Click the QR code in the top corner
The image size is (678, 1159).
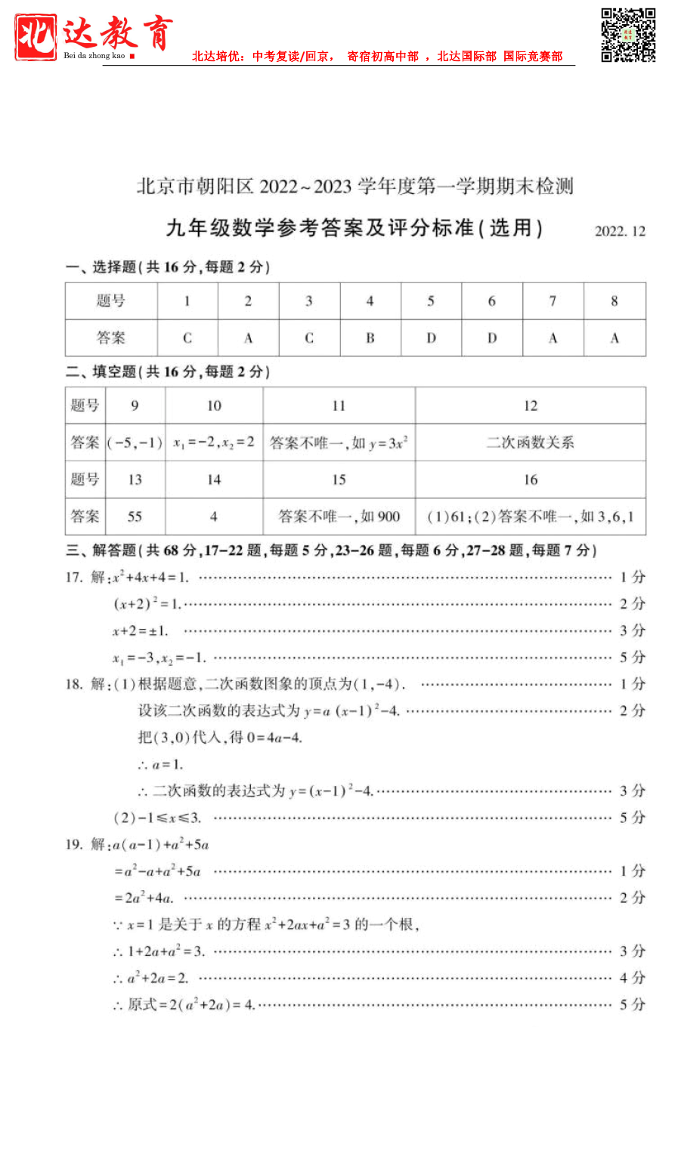(x=627, y=35)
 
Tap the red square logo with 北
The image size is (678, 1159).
(x=36, y=37)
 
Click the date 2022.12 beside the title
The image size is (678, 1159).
(x=620, y=232)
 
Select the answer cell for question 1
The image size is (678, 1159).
(x=187, y=338)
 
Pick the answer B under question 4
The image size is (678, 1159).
(x=370, y=338)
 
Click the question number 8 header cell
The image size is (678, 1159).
(x=614, y=301)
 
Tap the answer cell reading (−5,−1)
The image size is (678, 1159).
(x=135, y=442)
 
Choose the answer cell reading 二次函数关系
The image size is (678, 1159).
(x=530, y=442)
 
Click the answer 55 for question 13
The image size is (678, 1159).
(x=135, y=516)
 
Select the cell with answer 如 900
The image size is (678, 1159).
(x=339, y=516)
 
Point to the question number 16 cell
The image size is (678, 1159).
(x=530, y=479)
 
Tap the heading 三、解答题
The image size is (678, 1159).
(x=101, y=550)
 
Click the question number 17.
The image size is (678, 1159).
(x=73, y=578)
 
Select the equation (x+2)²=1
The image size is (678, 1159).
(x=147, y=604)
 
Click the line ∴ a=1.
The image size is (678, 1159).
(x=160, y=765)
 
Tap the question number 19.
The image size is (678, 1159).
(x=73, y=845)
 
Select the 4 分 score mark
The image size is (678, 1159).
(x=632, y=979)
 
